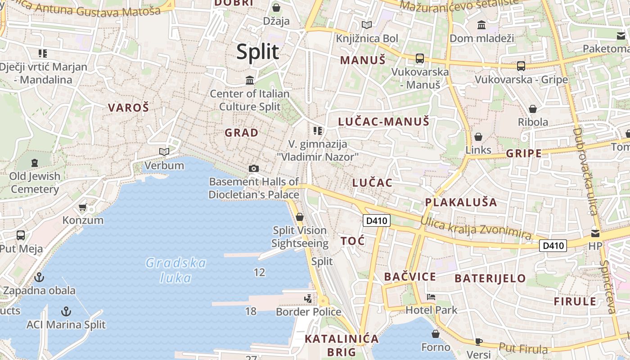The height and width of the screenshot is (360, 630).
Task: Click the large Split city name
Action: (258, 52)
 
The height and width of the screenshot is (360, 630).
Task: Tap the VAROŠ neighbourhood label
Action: (128, 108)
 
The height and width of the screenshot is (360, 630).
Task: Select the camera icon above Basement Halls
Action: (254, 168)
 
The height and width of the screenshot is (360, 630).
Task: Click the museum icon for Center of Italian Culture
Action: (250, 81)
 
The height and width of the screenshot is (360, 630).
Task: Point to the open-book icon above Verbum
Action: (164, 152)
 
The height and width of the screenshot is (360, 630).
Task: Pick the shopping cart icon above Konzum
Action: (82, 207)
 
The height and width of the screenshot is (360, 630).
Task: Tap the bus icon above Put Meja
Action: (21, 235)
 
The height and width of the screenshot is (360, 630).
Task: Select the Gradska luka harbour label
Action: (176, 270)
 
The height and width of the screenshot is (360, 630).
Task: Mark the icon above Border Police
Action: (308, 298)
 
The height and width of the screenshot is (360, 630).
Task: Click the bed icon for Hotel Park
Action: (431, 297)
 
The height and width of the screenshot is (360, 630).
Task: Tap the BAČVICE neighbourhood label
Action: (410, 277)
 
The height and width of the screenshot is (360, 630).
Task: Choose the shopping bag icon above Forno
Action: (435, 334)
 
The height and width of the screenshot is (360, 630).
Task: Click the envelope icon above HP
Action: (595, 233)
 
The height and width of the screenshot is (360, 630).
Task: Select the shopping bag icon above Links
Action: (478, 136)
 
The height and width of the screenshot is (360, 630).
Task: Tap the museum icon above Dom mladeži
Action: (481, 25)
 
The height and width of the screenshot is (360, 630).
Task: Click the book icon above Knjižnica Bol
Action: (367, 25)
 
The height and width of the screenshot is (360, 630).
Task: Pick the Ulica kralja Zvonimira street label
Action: (476, 227)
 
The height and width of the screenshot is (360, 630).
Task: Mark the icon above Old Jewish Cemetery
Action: (35, 162)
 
